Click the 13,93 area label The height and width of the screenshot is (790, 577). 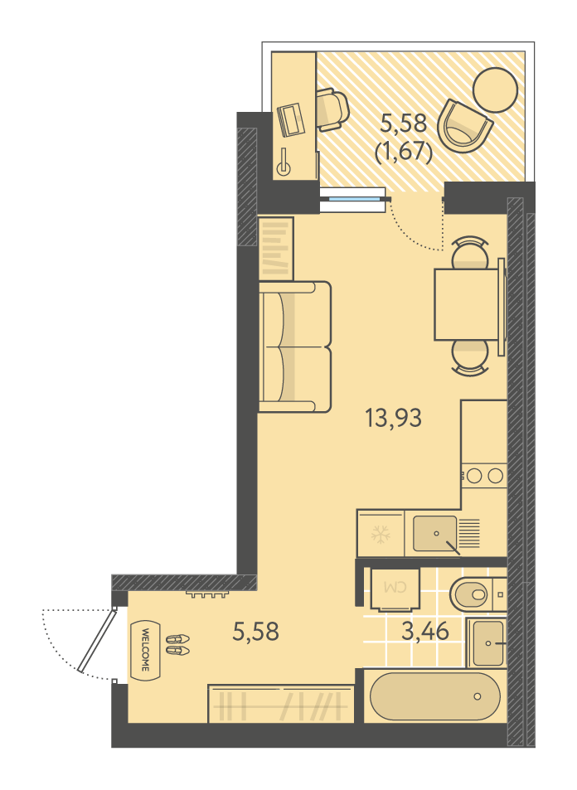pos(393,418)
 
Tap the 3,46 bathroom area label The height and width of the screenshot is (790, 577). pos(424,631)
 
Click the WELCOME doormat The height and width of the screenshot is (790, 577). pos(144,649)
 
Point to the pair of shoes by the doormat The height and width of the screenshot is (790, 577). pos(178,645)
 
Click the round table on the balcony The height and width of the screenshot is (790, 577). pos(496,90)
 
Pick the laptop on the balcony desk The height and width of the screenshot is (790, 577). pos(291,119)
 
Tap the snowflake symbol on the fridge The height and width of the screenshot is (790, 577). pos(381,535)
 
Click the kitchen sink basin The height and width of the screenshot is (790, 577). pos(435,533)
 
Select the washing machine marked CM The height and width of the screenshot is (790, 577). pos(395,589)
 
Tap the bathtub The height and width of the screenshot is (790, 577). pos(435,697)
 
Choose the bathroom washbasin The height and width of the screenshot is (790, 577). pos(487,643)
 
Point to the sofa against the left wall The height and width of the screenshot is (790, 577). pos(295,347)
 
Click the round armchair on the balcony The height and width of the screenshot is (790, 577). pos(463,126)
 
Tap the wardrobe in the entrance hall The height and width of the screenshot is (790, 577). pos(281,704)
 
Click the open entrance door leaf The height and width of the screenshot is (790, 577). pos(97,641)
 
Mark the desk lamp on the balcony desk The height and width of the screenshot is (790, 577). pos(284,162)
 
